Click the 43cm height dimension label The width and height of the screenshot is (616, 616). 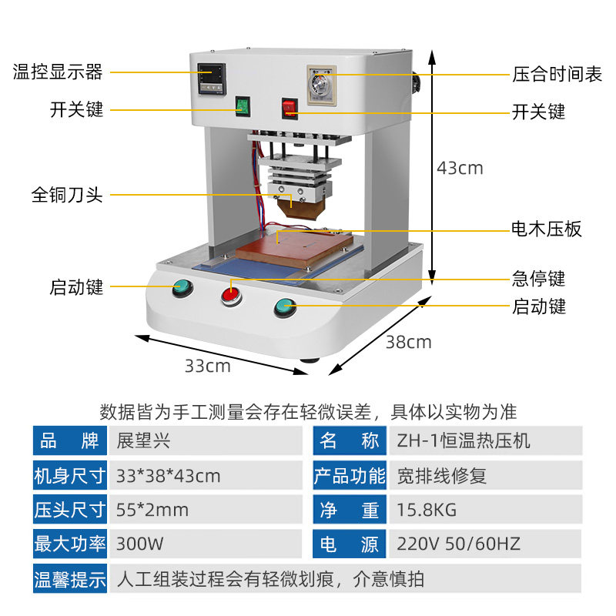(x=460, y=168)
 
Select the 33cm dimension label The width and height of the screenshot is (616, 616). (x=207, y=366)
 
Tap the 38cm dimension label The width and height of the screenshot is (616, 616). (x=408, y=342)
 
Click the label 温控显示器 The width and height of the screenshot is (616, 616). (x=58, y=72)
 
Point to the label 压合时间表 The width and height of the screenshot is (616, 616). (x=557, y=75)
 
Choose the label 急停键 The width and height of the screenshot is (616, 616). (x=539, y=277)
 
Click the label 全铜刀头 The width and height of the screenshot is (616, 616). (x=67, y=195)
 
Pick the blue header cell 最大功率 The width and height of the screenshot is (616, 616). (x=69, y=544)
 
